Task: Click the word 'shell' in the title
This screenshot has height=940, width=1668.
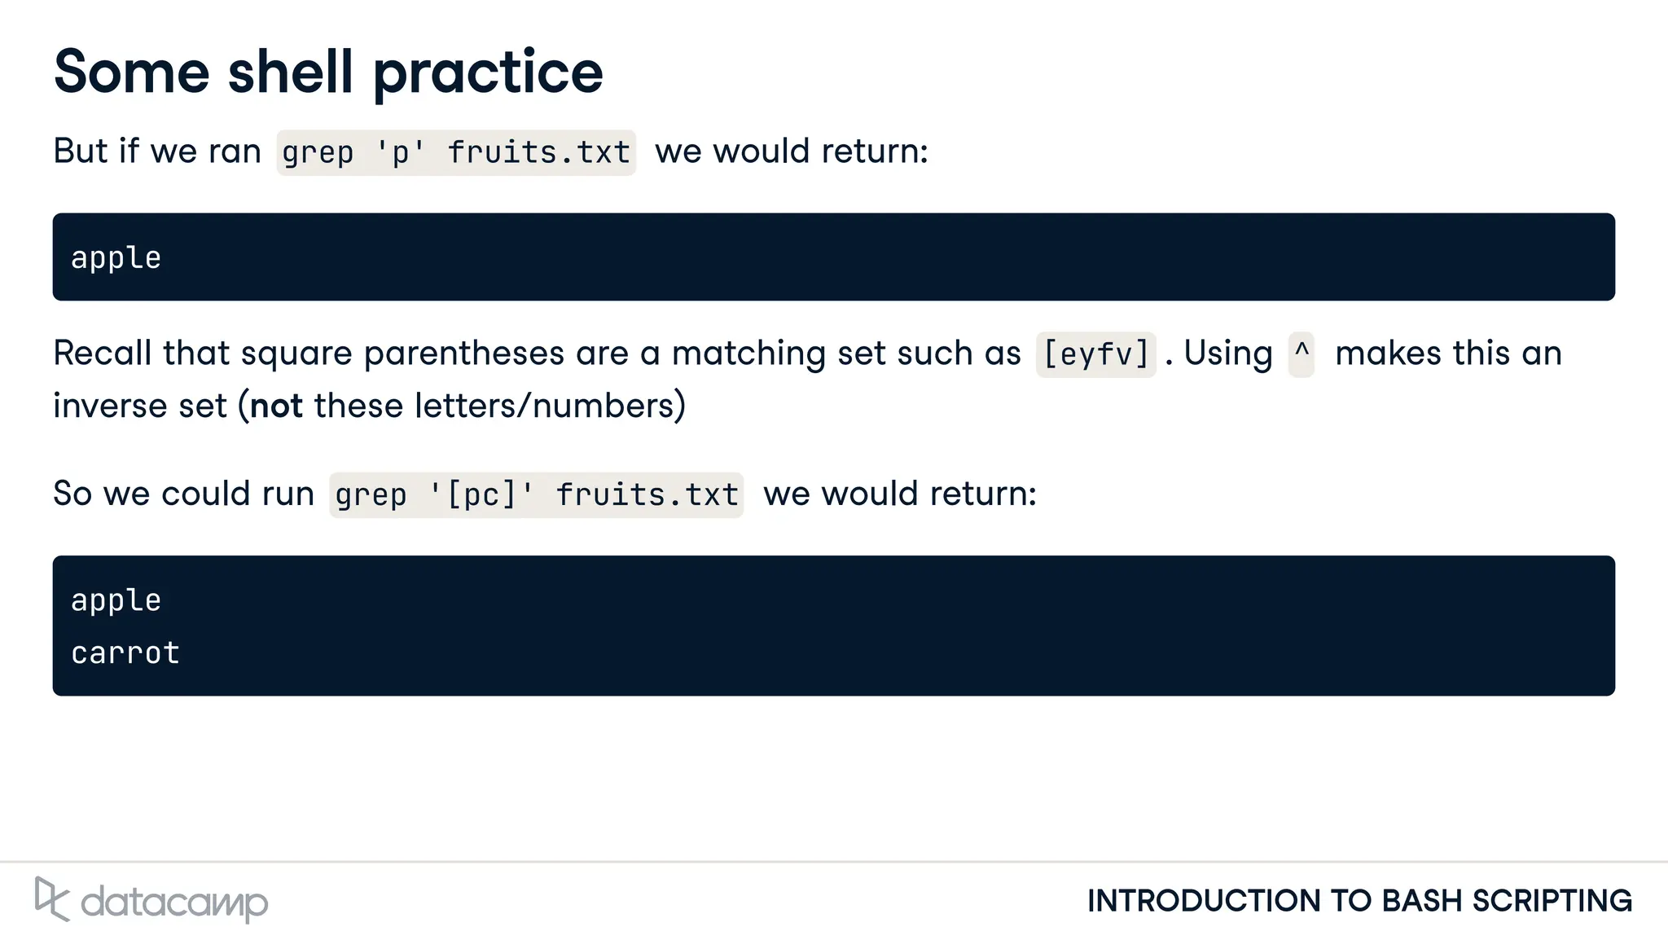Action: coord(290,72)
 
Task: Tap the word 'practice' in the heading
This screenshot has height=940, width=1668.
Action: coord(488,73)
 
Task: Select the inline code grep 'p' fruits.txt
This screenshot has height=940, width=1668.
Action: coord(456,152)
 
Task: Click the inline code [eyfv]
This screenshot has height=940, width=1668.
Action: coord(1095,354)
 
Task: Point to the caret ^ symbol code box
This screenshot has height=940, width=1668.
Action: coord(1301,354)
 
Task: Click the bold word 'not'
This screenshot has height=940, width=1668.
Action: coord(276,406)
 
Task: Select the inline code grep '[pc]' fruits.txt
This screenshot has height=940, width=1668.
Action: coord(536,494)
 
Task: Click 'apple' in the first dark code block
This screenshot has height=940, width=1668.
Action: coord(116,258)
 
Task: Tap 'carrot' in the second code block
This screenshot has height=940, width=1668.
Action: coord(125,653)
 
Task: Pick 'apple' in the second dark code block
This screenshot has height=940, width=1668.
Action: coord(116,600)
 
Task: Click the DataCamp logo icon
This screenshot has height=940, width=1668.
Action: coord(51,899)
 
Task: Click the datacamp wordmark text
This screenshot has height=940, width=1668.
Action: coord(174,903)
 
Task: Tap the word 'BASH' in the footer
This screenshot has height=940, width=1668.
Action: coord(1421,901)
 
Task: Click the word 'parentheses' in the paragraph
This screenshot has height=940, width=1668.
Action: coord(463,354)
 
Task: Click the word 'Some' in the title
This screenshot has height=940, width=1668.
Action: coord(131,72)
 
